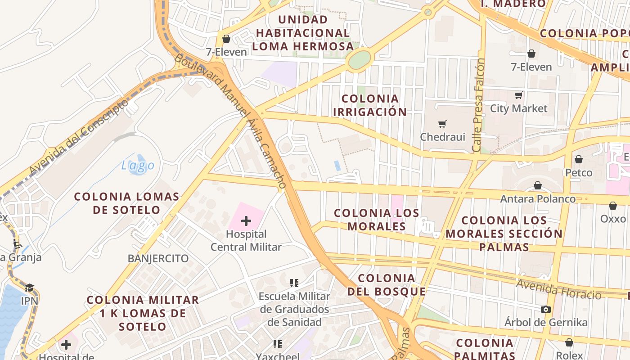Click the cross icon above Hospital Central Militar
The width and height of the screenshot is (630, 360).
pyautogui.click(x=246, y=220)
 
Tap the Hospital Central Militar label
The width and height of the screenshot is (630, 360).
pyautogui.click(x=246, y=241)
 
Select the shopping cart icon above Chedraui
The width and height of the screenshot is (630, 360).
pyautogui.click(x=442, y=123)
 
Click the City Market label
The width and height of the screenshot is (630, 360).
pyautogui.click(x=518, y=108)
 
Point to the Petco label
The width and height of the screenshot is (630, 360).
pyautogui.click(x=579, y=173)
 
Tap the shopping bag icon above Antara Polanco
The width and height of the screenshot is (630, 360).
pyautogui.click(x=537, y=185)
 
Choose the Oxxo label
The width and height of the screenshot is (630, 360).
pyautogui.click(x=613, y=219)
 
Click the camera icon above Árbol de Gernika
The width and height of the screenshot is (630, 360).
pyautogui.click(x=545, y=309)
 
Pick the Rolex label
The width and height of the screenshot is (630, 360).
pyautogui.click(x=569, y=355)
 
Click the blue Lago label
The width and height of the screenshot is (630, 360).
pyautogui.click(x=138, y=166)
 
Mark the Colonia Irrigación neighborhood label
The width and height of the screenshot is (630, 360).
pyautogui.click(x=370, y=105)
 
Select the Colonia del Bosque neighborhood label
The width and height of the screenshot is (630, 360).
pyautogui.click(x=387, y=285)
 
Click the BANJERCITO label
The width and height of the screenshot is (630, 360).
pyautogui.click(x=158, y=258)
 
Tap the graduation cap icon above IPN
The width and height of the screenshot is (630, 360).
pyautogui.click(x=29, y=288)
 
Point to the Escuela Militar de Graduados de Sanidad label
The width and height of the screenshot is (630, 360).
pyautogui.click(x=294, y=309)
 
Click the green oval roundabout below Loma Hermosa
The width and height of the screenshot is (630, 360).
pyautogui.click(x=360, y=59)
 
